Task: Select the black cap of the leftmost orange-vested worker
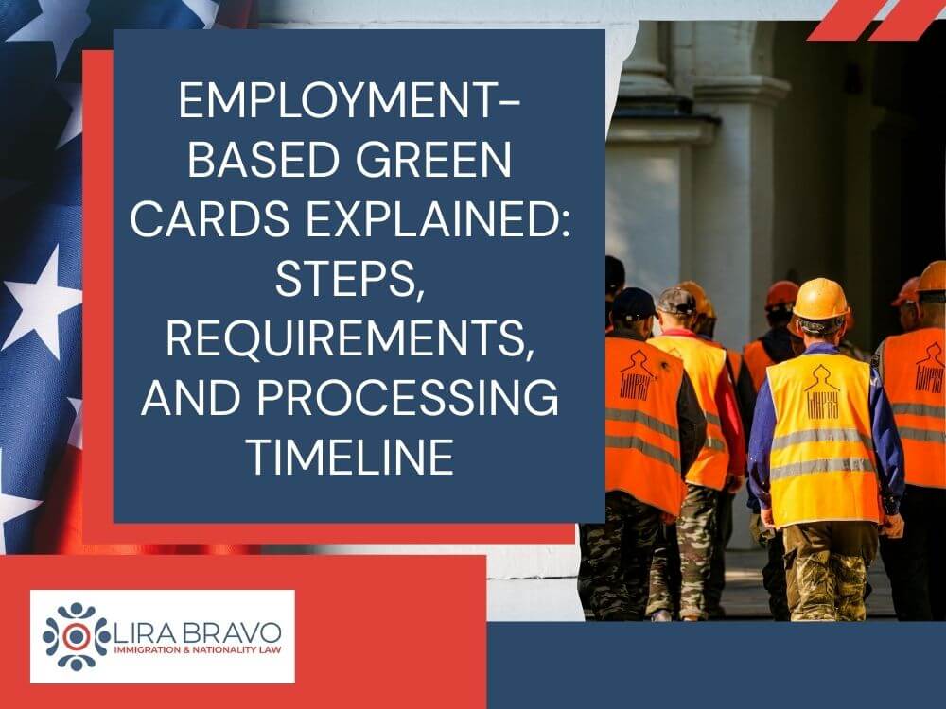coord(633,304)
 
